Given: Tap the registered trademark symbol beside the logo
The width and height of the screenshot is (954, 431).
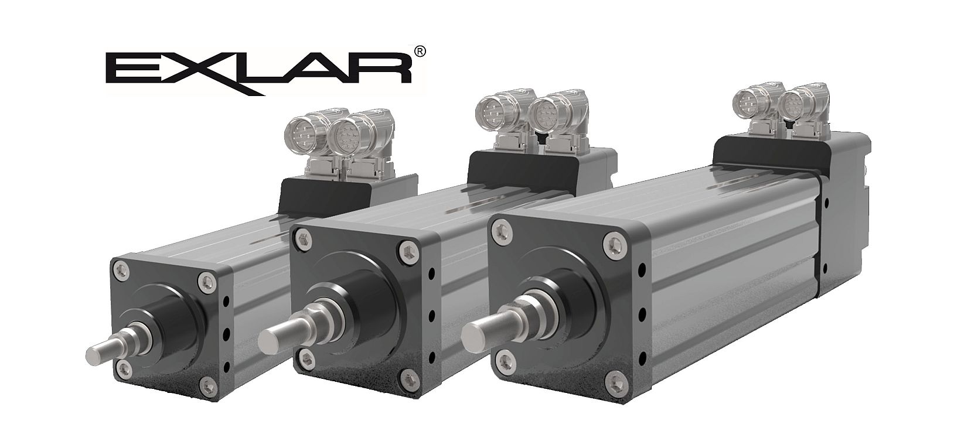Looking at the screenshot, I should click(x=420, y=52).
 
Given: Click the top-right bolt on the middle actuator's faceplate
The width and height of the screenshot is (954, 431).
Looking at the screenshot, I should click(x=408, y=251).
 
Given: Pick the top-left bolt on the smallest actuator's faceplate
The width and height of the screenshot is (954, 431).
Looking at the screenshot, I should click(x=121, y=269).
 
